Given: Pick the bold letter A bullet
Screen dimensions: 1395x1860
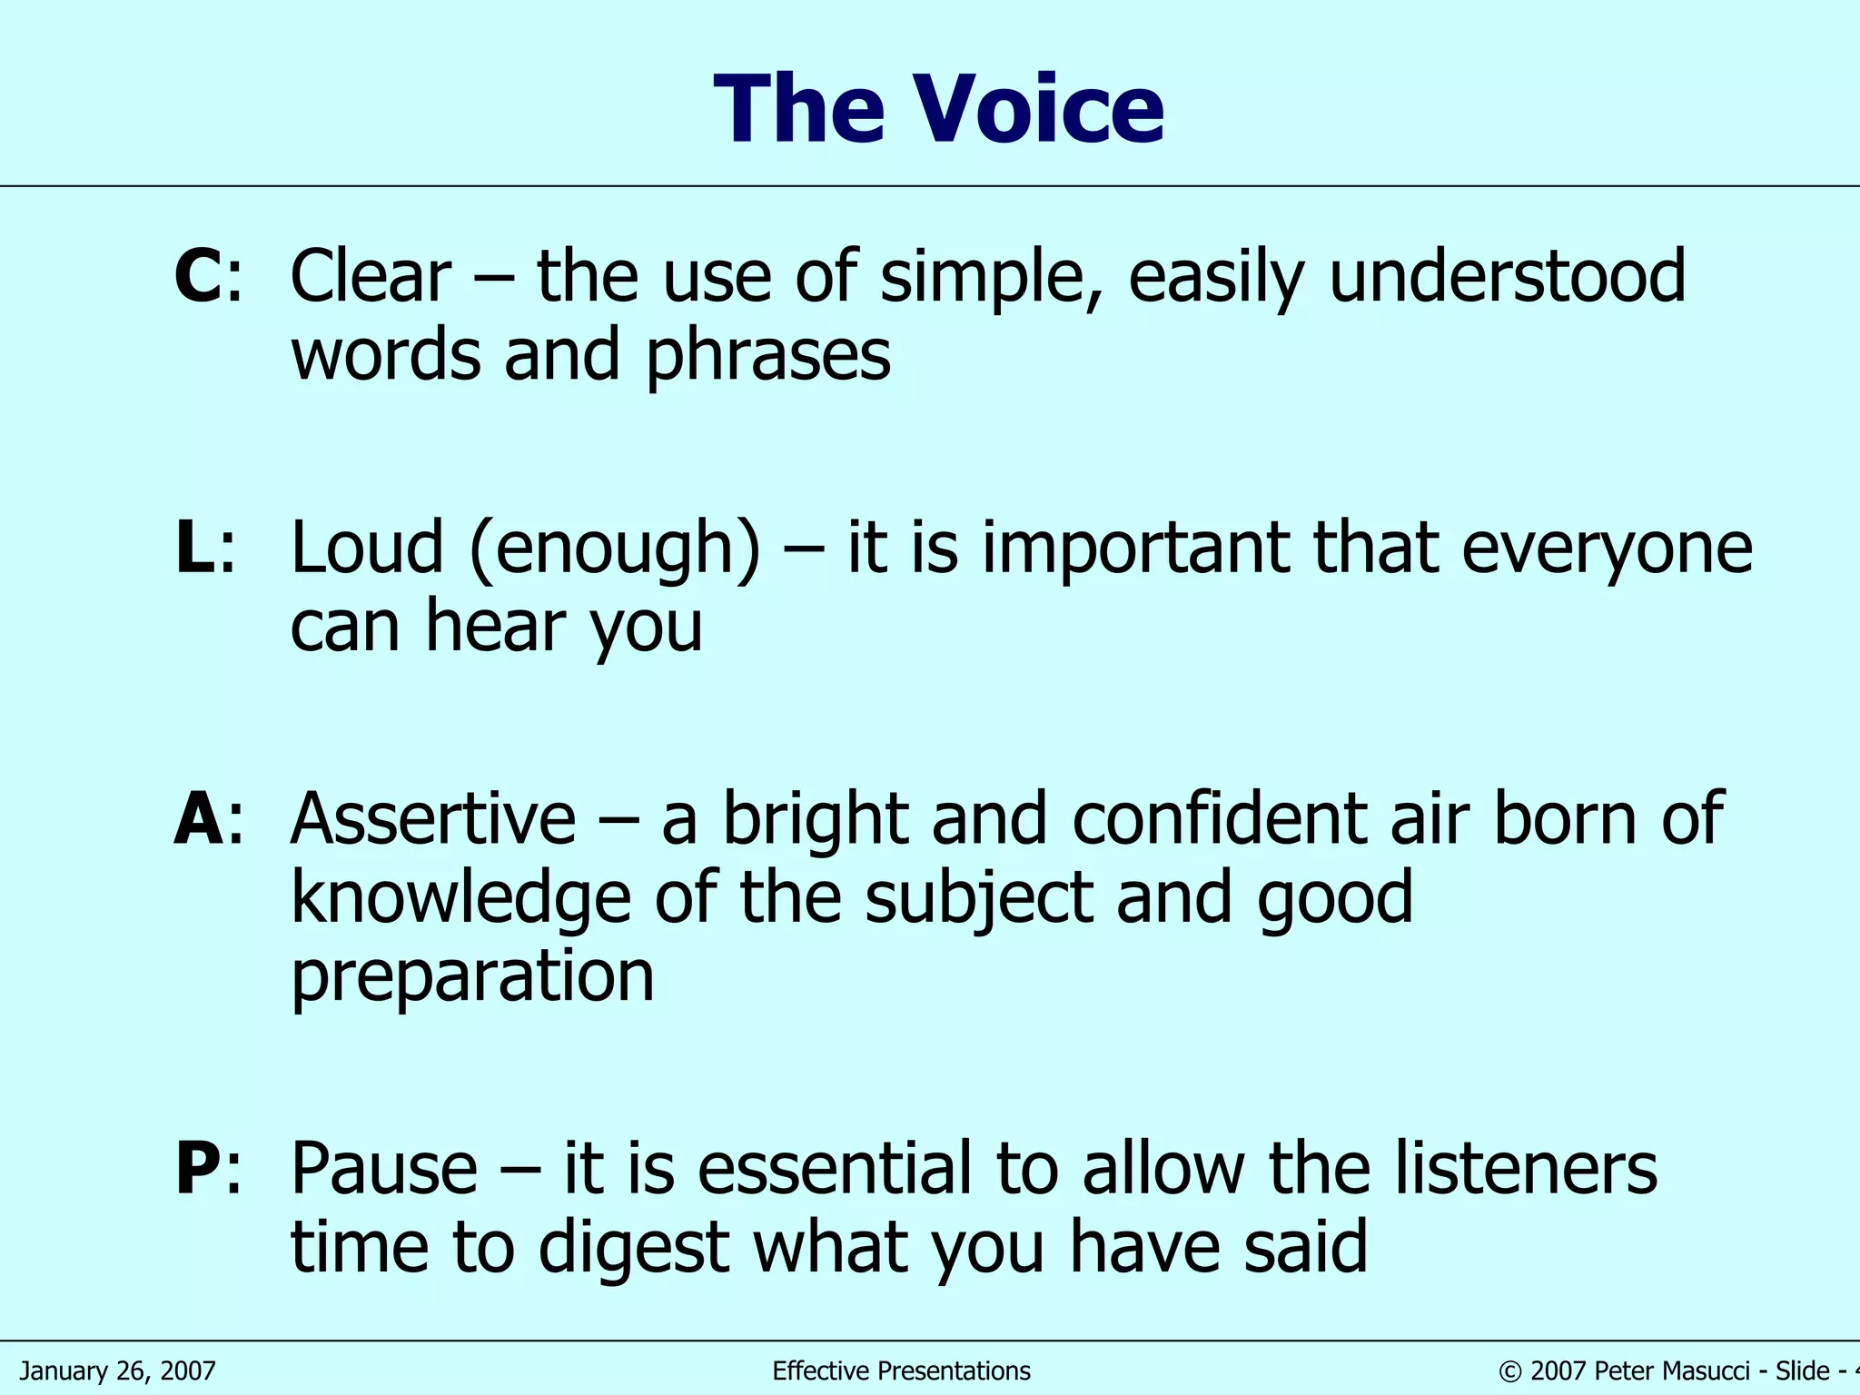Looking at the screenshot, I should pyautogui.click(x=198, y=818).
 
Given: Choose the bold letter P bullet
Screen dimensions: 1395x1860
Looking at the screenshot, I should pyautogui.click(x=197, y=1168).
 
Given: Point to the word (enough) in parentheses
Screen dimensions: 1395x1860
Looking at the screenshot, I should pyautogui.click(x=615, y=549).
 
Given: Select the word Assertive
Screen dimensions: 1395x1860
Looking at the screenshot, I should pyautogui.click(x=433, y=818).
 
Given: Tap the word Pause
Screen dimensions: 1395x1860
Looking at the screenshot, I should pyautogui.click(x=384, y=1168).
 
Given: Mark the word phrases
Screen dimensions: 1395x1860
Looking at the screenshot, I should pyautogui.click(x=767, y=356).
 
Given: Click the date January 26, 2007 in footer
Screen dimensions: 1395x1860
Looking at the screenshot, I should pyautogui.click(x=118, y=1370).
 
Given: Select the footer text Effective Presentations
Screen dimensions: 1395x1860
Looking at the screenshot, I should pyautogui.click(x=901, y=1370).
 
